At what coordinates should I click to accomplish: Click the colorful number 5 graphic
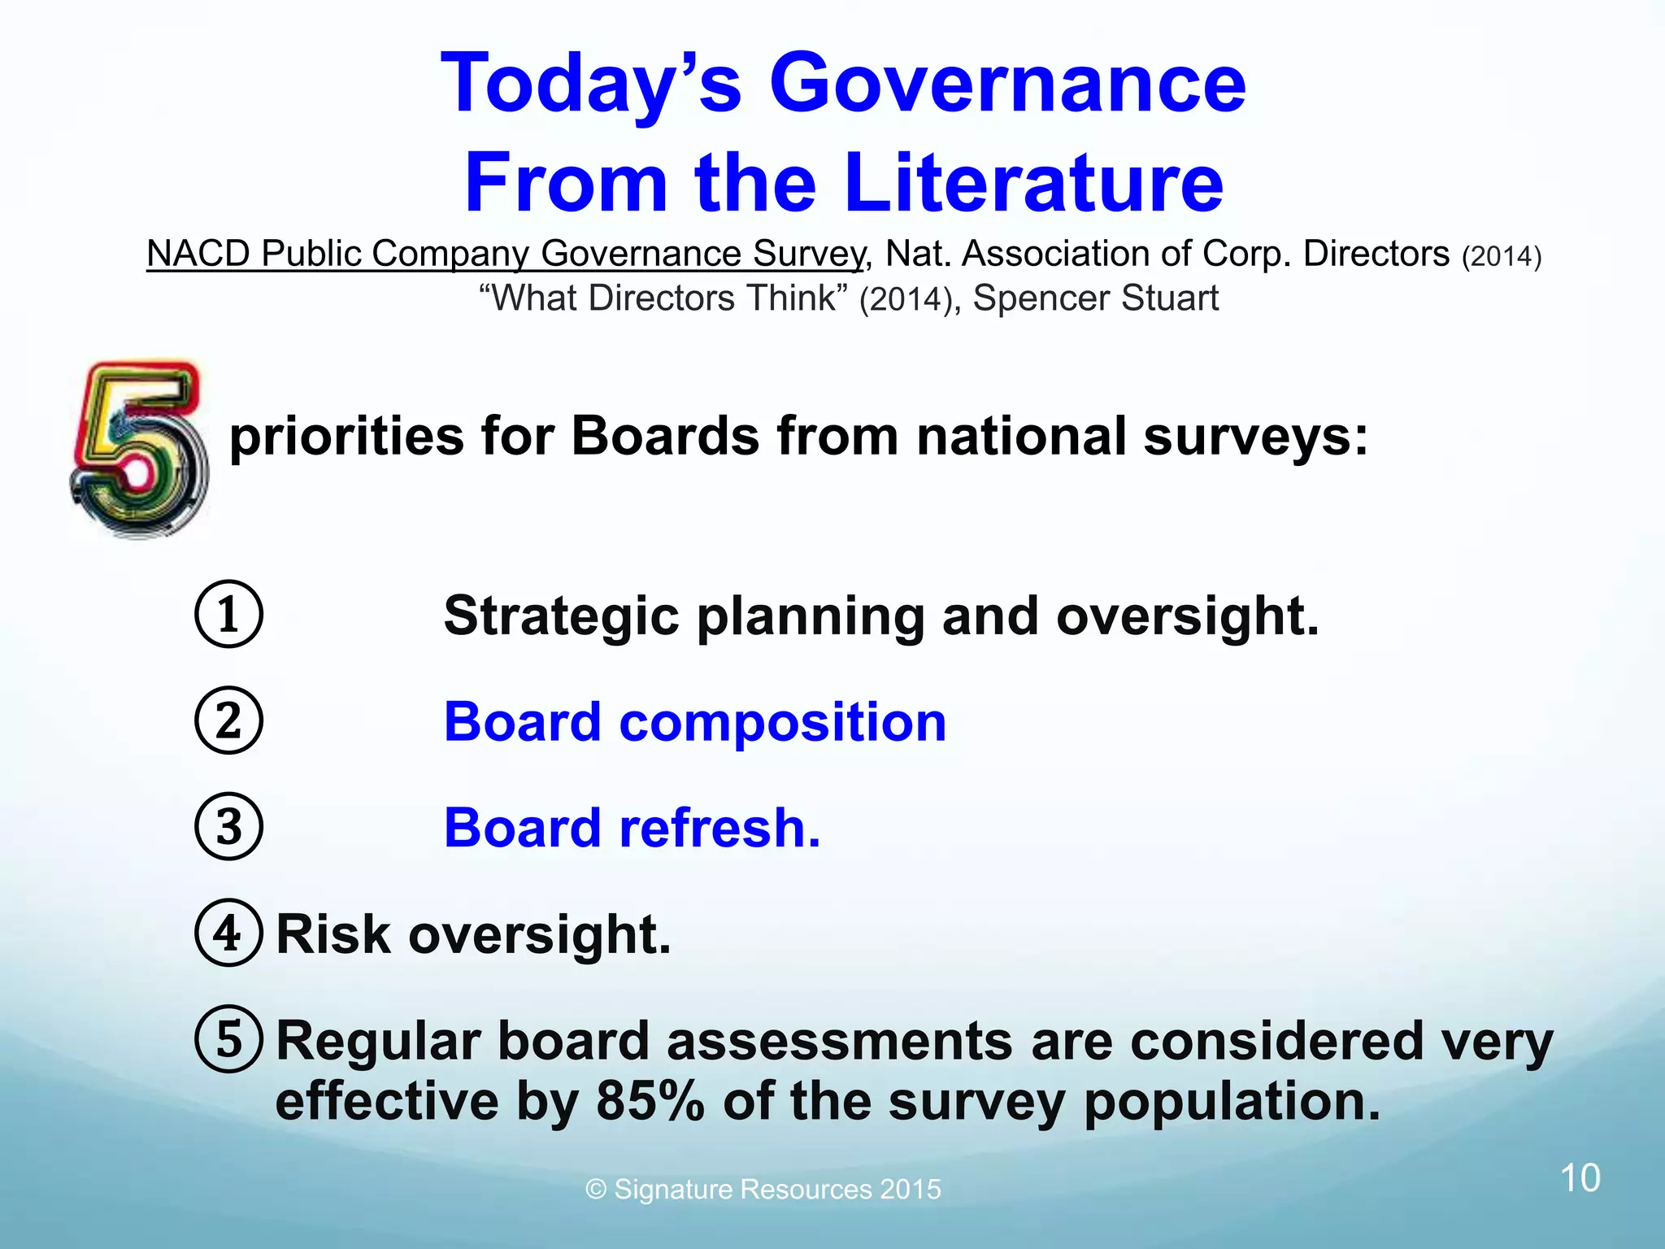pyautogui.click(x=139, y=450)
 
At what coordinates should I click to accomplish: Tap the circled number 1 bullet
pyautogui.click(x=228, y=614)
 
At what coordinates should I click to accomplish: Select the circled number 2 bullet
pyautogui.click(x=228, y=720)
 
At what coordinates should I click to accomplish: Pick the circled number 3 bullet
pyautogui.click(x=228, y=826)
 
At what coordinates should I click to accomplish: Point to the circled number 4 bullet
pyautogui.click(x=228, y=933)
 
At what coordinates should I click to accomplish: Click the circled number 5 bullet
pyautogui.click(x=228, y=1039)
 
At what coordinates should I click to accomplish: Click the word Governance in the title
pyautogui.click(x=1006, y=84)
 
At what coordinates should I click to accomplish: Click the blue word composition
pyautogui.click(x=782, y=722)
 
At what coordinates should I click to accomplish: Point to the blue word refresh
pyautogui.click(x=719, y=828)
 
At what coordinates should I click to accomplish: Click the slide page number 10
pyautogui.click(x=1580, y=1178)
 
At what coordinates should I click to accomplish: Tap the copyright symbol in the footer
pyautogui.click(x=596, y=1190)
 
